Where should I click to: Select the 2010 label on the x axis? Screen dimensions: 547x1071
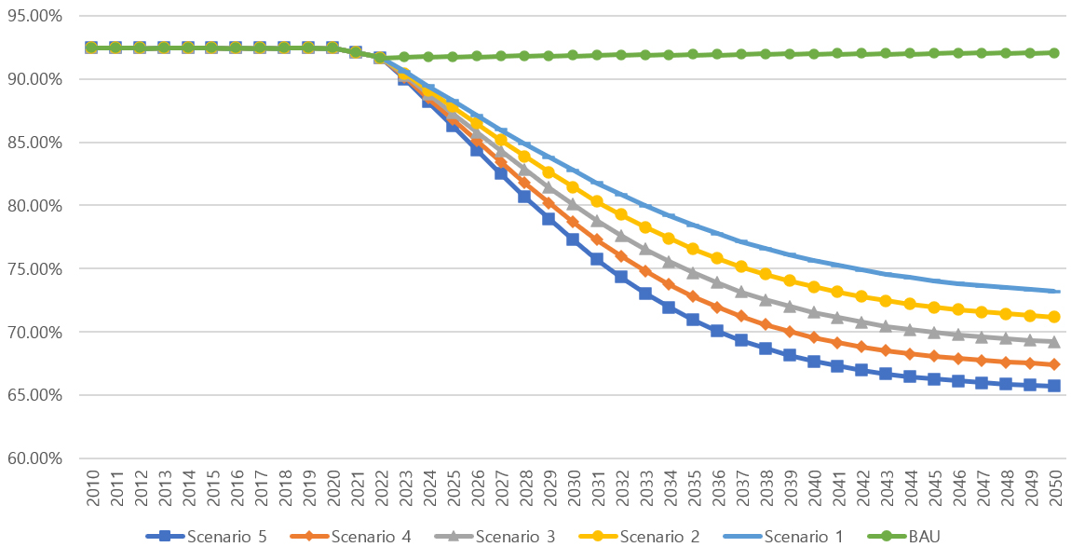[92, 488]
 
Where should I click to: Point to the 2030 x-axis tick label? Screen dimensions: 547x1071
[573, 488]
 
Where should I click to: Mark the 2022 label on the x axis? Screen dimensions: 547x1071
[380, 488]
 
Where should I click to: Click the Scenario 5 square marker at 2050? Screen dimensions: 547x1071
[1054, 386]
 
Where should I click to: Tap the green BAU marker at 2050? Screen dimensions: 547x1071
[1054, 53]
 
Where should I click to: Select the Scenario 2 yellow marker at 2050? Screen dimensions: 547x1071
[1054, 317]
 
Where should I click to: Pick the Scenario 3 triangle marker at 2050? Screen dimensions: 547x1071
[1054, 342]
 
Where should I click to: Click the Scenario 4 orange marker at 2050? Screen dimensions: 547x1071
[1054, 364]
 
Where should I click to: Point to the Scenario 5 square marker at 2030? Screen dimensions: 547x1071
[573, 239]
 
